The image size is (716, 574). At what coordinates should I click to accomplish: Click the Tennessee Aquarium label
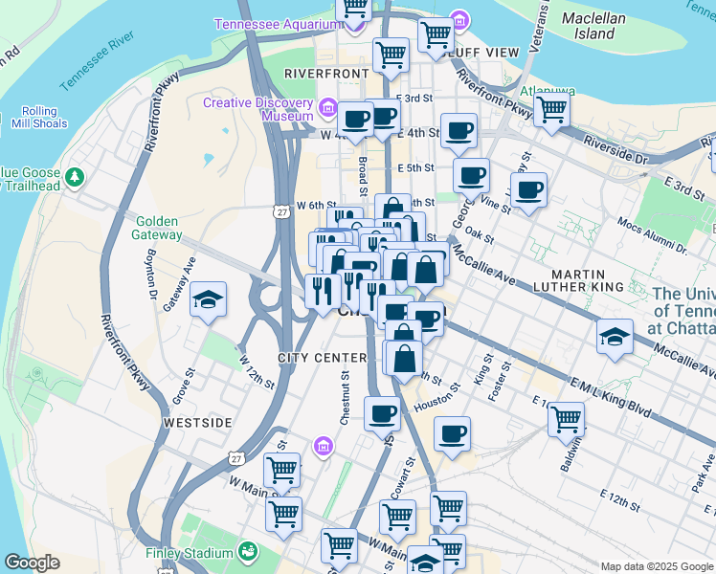tap(273, 24)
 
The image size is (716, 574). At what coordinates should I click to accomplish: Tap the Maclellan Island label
tap(593, 26)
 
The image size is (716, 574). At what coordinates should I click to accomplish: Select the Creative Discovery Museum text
tap(258, 110)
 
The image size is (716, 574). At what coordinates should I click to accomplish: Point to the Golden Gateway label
tap(158, 228)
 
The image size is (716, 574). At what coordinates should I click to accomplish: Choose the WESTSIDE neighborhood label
tap(197, 422)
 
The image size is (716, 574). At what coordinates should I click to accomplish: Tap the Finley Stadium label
tap(189, 553)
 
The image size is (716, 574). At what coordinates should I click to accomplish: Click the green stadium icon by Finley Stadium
tap(248, 551)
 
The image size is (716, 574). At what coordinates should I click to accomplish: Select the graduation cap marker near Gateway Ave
tap(208, 301)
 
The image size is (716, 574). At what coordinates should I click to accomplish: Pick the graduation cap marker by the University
tap(615, 336)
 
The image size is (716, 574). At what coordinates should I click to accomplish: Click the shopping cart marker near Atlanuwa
tap(551, 110)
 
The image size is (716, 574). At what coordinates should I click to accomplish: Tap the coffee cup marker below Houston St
tap(452, 434)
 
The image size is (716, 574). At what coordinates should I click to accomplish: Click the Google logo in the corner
tap(32, 563)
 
